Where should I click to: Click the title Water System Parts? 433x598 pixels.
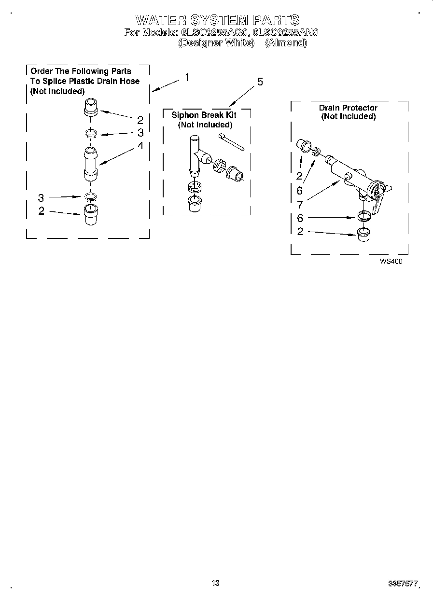point(217,20)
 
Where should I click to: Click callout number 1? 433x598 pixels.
point(186,77)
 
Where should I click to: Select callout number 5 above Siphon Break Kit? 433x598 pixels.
point(260,82)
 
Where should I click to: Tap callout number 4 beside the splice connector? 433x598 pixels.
point(140,145)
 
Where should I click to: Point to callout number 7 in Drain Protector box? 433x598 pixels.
point(300,205)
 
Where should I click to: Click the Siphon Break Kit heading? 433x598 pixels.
point(204,115)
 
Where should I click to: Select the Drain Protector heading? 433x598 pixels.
point(348,108)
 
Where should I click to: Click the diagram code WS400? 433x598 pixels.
point(391,261)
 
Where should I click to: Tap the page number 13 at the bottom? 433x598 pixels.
point(215,583)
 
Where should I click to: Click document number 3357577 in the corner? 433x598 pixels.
point(403,584)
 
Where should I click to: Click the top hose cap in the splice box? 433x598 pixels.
point(91,107)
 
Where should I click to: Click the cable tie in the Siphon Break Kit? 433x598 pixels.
point(231,143)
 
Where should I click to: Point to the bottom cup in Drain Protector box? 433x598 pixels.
point(364,234)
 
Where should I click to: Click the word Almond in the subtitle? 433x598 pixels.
point(286,42)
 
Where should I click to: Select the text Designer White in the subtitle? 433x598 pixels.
point(216,42)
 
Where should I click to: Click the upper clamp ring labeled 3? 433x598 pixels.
point(91,133)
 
